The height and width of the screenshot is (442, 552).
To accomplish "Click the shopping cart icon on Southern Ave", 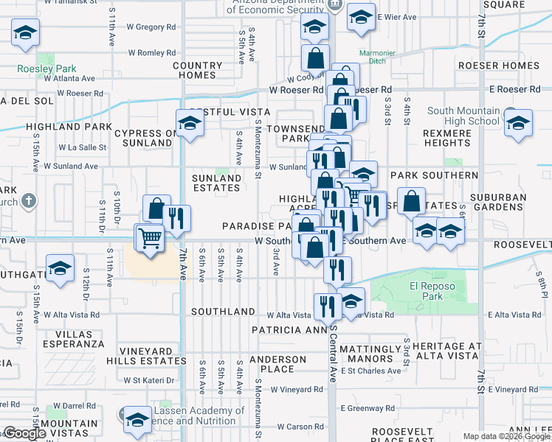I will [x=149, y=238].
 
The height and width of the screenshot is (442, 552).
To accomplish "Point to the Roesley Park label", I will [x=43, y=69].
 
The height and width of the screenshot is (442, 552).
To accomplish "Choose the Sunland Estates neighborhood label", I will [x=216, y=183].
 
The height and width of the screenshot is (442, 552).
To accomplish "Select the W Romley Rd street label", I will [x=152, y=53].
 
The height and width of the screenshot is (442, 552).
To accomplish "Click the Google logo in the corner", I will [x=24, y=433].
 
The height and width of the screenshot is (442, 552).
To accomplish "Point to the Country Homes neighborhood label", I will [x=198, y=70].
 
